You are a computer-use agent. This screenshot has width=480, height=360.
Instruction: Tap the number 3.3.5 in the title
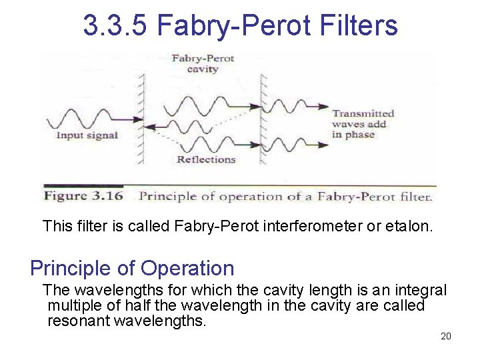pyautogui.click(x=115, y=25)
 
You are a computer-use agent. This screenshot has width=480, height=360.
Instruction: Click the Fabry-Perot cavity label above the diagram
pyautogui.click(x=203, y=63)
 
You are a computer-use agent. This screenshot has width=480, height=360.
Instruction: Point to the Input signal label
pyautogui.click(x=87, y=135)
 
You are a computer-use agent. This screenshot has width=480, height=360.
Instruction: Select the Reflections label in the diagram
pyautogui.click(x=206, y=159)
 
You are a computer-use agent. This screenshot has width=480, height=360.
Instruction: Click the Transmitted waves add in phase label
pyautogui.click(x=363, y=124)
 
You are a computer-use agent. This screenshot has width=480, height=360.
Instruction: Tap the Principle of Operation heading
pyautogui.click(x=132, y=268)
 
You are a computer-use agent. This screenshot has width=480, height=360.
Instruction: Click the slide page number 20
pyautogui.click(x=446, y=336)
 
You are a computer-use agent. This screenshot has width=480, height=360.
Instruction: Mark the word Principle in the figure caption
pyautogui.click(x=163, y=196)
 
